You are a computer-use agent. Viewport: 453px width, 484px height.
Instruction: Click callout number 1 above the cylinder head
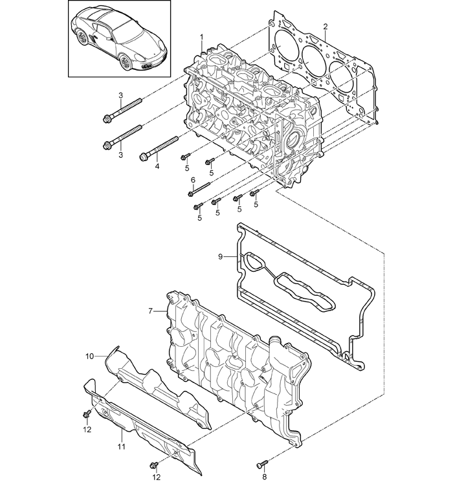click(x=202, y=37)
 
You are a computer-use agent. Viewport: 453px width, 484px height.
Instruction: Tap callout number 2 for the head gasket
click(x=325, y=27)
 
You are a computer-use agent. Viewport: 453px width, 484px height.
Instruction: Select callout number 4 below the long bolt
click(x=157, y=167)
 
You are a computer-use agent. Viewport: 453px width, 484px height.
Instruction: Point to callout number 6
click(x=193, y=180)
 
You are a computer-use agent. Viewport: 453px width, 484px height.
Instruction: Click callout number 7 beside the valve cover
click(x=150, y=311)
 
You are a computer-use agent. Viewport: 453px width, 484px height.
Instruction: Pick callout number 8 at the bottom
click(x=264, y=477)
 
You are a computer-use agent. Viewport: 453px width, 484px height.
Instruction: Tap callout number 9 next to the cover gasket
click(x=220, y=256)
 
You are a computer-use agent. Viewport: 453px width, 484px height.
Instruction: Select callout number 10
click(x=89, y=357)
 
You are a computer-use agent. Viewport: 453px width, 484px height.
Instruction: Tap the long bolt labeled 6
click(x=199, y=189)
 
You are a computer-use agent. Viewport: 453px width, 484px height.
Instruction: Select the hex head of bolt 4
click(x=144, y=157)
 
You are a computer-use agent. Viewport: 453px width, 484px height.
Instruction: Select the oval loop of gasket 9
click(x=253, y=263)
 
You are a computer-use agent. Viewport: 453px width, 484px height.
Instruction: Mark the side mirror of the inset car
click(x=108, y=39)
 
